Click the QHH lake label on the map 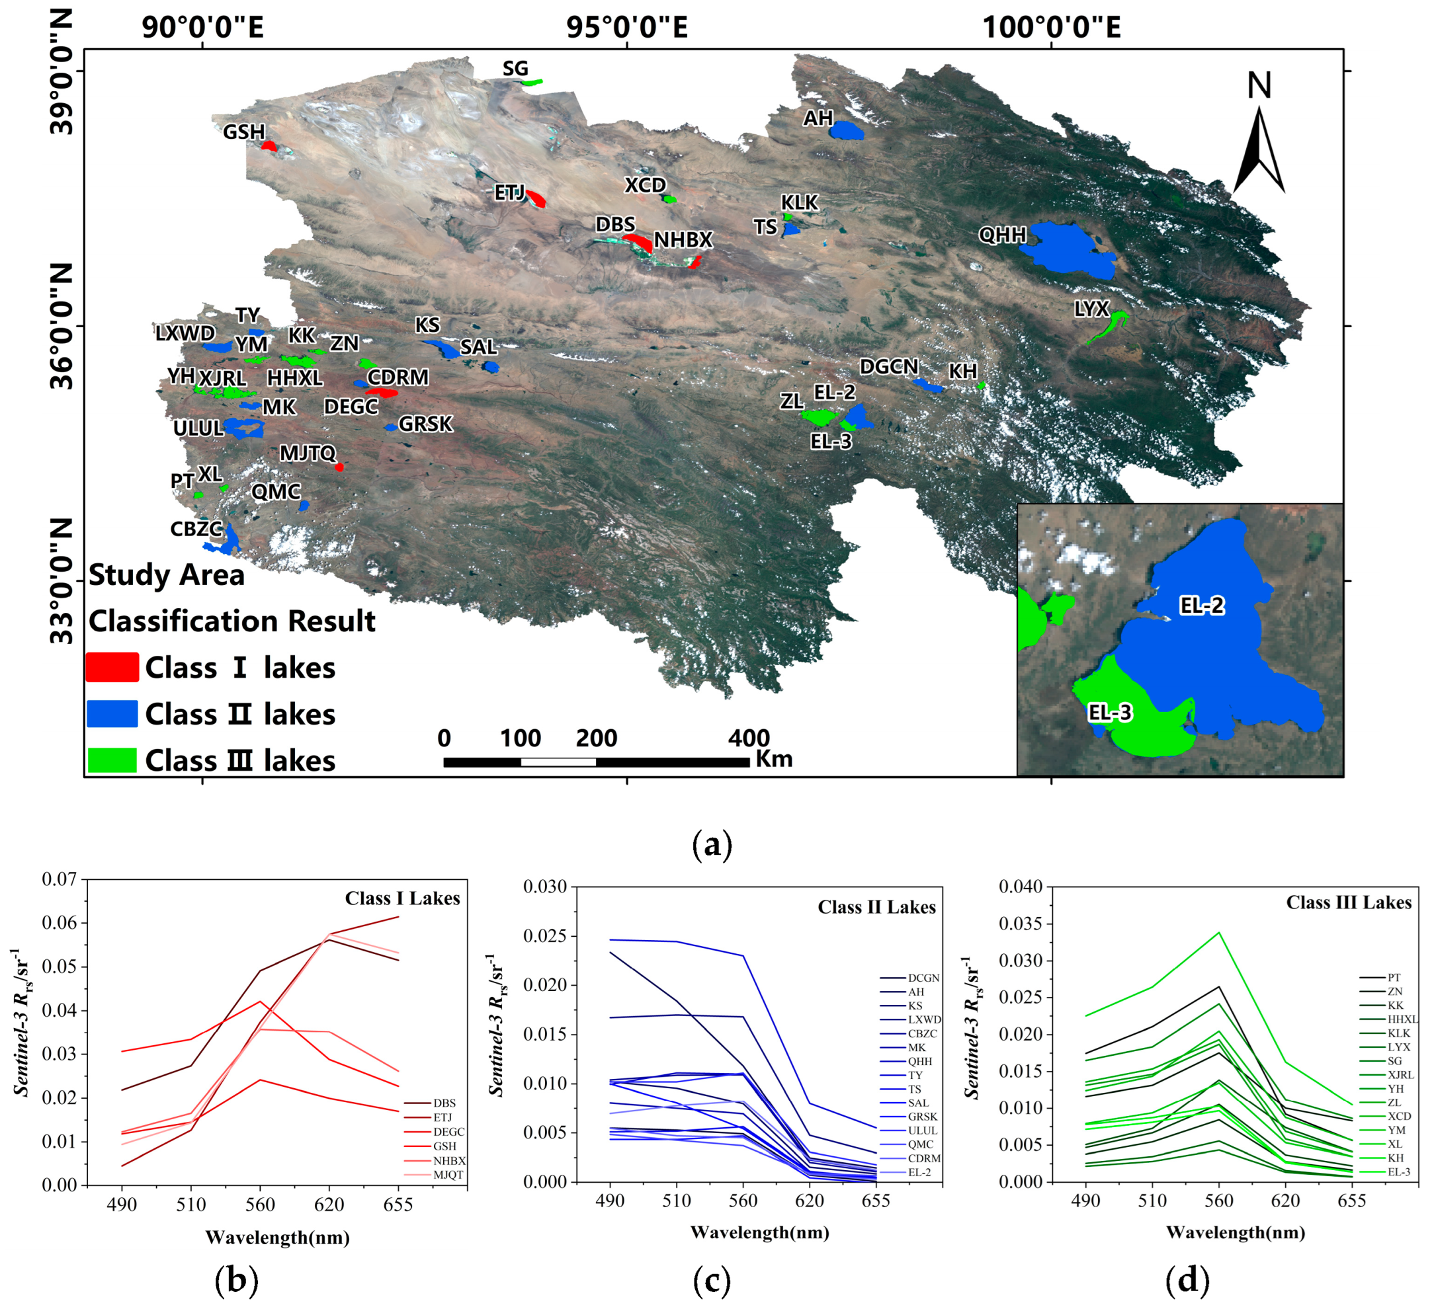(1001, 235)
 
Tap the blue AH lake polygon (847, 130)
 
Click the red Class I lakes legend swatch (112, 668)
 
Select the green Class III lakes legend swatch (112, 760)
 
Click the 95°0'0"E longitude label (627, 27)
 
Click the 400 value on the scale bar (748, 739)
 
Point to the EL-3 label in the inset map (1110, 713)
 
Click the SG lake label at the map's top (516, 69)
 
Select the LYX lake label (1091, 309)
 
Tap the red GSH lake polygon (269, 146)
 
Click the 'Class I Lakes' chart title (402, 899)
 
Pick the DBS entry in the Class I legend (444, 1103)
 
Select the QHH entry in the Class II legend (920, 1062)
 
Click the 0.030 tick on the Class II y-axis (545, 887)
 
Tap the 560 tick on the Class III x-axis (1218, 1201)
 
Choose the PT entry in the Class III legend (1394, 978)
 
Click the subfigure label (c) (712, 1281)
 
